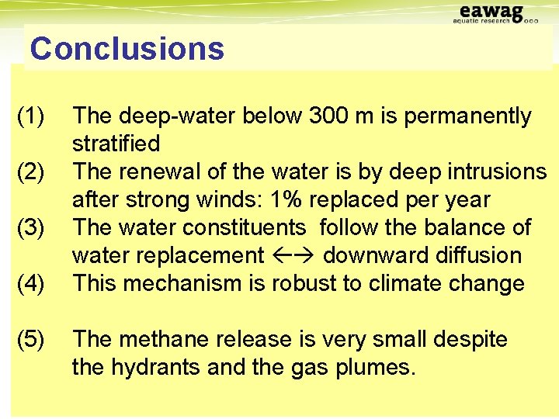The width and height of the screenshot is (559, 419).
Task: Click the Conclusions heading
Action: click(x=127, y=49)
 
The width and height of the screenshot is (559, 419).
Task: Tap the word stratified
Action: click(x=116, y=144)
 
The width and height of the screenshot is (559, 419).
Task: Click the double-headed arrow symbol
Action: click(x=293, y=255)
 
